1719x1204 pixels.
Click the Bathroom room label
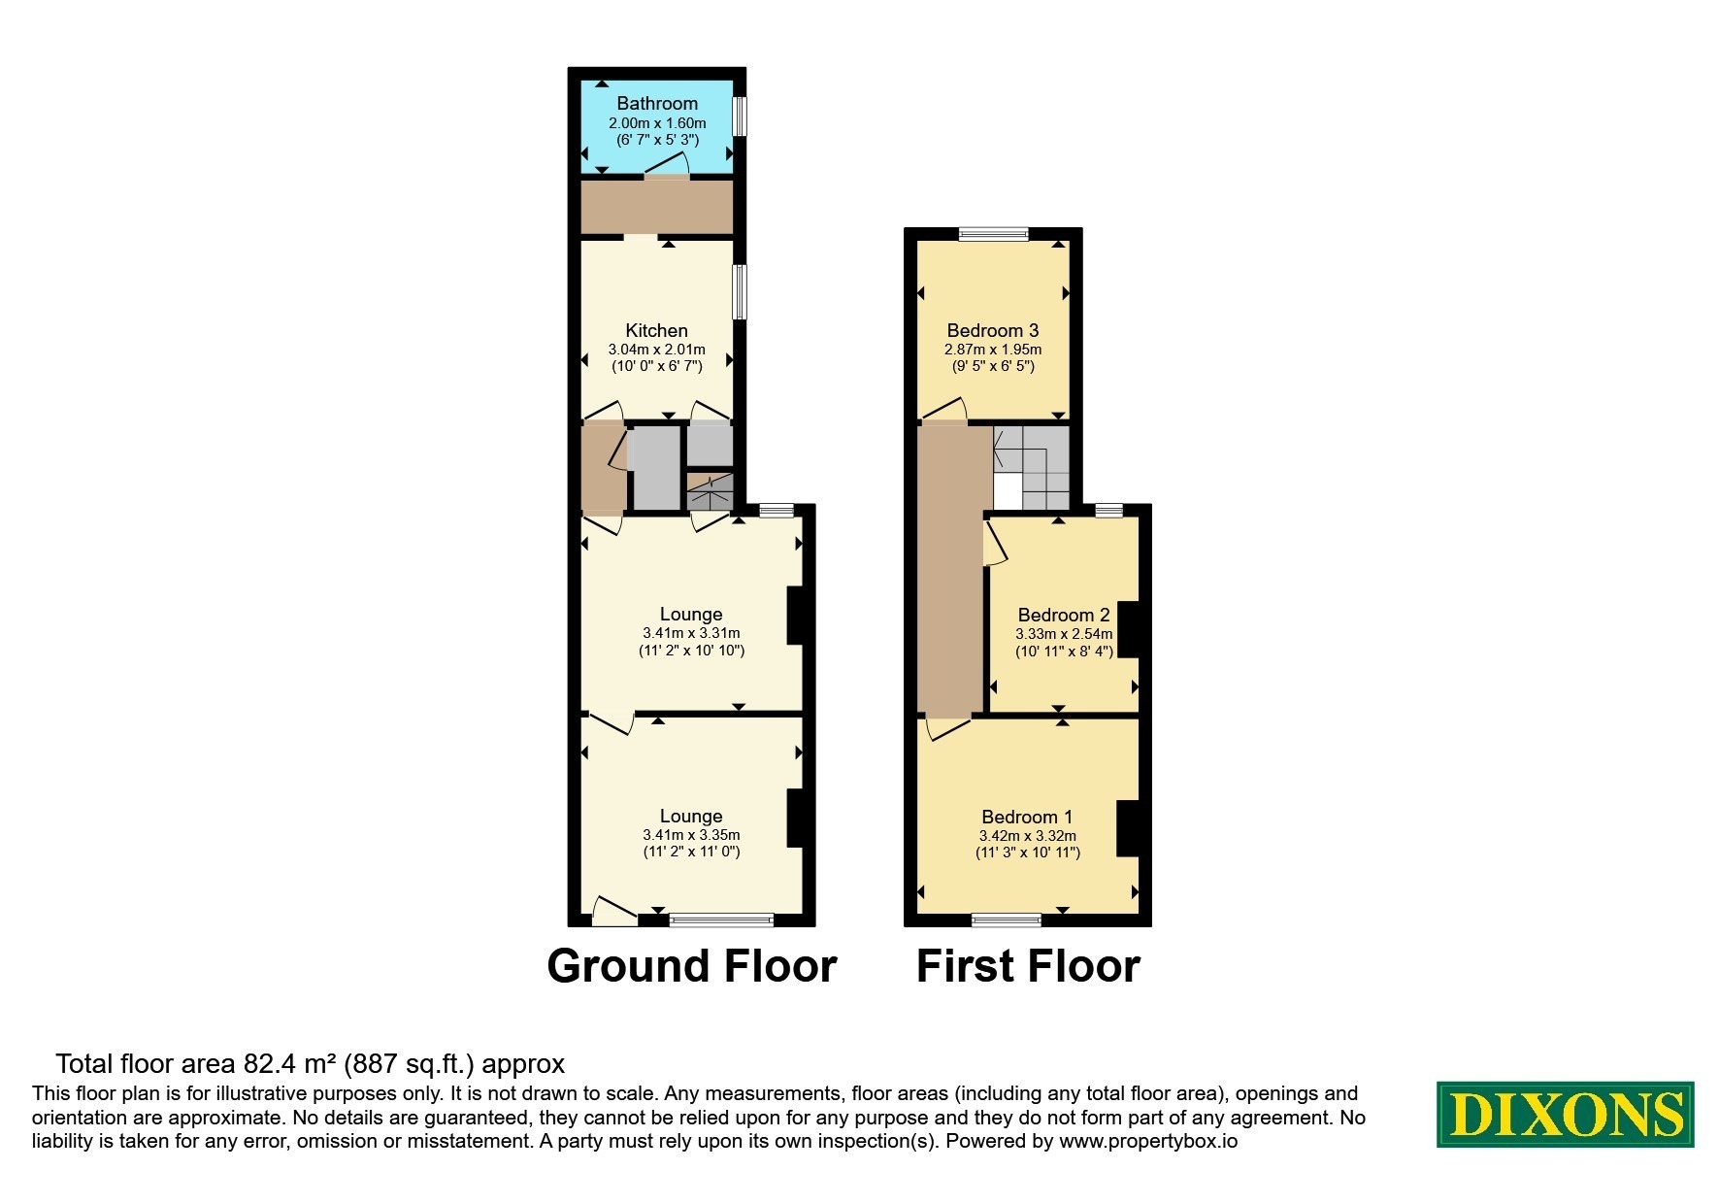click(657, 104)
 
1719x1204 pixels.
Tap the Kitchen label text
click(656, 331)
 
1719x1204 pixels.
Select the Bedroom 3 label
click(993, 331)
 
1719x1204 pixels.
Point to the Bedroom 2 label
click(1064, 615)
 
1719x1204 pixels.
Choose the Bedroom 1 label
click(1027, 818)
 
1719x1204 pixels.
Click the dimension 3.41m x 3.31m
click(691, 633)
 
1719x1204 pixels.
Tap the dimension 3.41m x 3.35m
click(691, 835)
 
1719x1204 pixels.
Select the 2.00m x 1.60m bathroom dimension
click(657, 123)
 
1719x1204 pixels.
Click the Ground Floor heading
click(692, 966)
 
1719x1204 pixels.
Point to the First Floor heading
click(1028, 966)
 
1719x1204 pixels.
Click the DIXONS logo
click(1565, 1114)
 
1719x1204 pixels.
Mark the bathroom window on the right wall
click(740, 117)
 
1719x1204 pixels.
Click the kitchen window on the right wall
click(740, 292)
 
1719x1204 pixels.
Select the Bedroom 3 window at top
click(993, 233)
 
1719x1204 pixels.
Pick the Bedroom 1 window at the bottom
click(1007, 920)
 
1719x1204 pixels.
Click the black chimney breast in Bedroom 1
click(1127, 828)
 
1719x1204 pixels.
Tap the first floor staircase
click(1031, 467)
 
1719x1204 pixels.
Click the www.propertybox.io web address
click(1148, 1142)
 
